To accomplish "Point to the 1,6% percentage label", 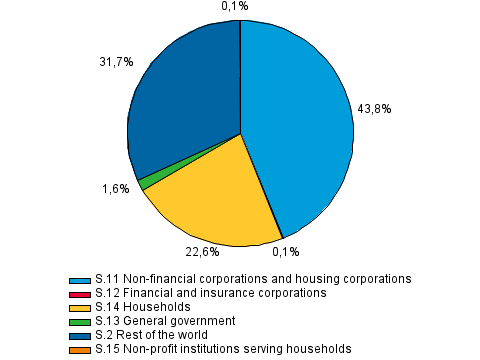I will coord(116,188).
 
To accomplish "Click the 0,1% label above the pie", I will coord(236,7).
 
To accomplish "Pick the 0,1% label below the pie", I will coord(286,253).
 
